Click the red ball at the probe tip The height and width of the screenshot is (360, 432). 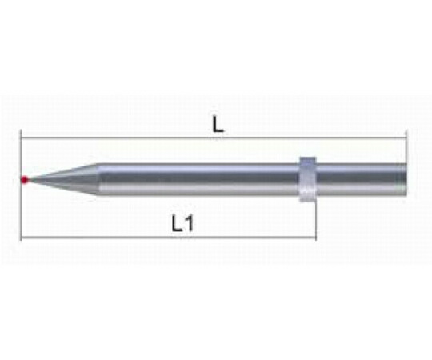click(25, 180)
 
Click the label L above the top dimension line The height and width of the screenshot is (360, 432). click(218, 124)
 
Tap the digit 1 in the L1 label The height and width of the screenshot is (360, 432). click(188, 223)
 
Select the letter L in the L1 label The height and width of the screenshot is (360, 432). click(177, 223)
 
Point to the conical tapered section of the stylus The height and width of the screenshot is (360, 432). click(63, 180)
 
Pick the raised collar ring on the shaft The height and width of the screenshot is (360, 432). click(308, 179)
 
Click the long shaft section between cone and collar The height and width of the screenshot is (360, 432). click(199, 180)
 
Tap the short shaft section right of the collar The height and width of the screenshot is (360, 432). click(361, 180)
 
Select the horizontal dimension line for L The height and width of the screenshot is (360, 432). click(214, 137)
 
